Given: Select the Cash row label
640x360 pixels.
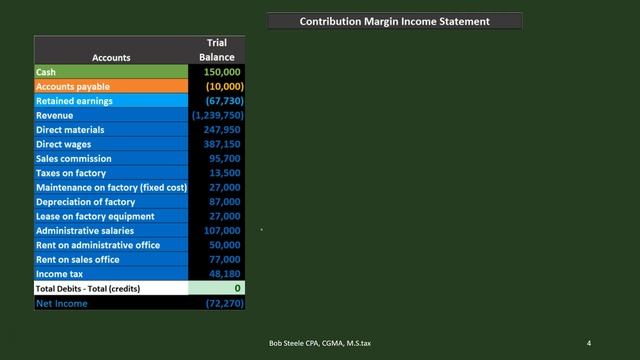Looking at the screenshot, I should [x=46, y=72].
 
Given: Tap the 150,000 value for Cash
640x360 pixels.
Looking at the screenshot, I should [x=222, y=72].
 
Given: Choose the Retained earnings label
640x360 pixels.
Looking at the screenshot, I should [x=74, y=101].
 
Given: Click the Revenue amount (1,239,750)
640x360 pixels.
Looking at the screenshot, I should [x=217, y=116].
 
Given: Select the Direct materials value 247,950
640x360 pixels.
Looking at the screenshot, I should [x=222, y=130].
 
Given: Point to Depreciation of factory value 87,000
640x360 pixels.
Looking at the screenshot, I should [x=225, y=202].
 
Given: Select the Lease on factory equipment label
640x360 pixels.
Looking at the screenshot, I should [x=95, y=216].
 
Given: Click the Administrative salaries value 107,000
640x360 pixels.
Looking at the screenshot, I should [x=222, y=231].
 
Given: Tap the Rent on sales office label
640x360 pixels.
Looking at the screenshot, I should [x=78, y=260].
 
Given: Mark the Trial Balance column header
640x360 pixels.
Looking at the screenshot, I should [x=216, y=50].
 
